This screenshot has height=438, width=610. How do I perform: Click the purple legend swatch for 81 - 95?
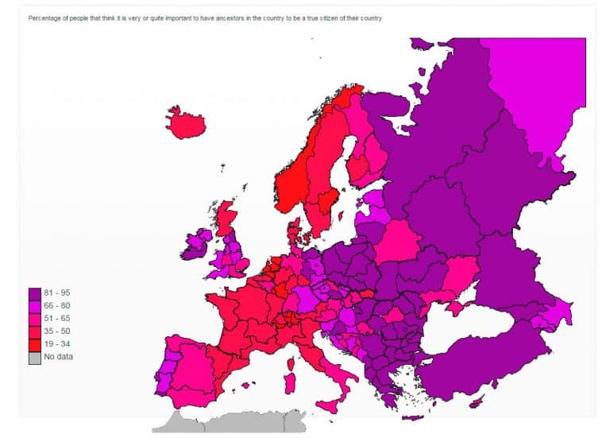tap(34, 293)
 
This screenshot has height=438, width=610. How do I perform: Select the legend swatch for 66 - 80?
tap(34, 306)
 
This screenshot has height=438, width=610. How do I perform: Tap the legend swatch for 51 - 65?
tap(34, 318)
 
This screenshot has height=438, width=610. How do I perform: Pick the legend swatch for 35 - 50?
tap(34, 331)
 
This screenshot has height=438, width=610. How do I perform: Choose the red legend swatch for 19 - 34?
tap(34, 343)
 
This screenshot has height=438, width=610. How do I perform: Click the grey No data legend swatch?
tap(34, 356)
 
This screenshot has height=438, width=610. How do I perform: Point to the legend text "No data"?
tap(59, 356)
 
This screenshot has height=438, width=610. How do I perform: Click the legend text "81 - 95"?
tap(57, 293)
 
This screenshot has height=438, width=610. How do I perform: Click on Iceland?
tap(186, 122)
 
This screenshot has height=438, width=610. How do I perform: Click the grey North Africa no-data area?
tap(230, 421)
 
